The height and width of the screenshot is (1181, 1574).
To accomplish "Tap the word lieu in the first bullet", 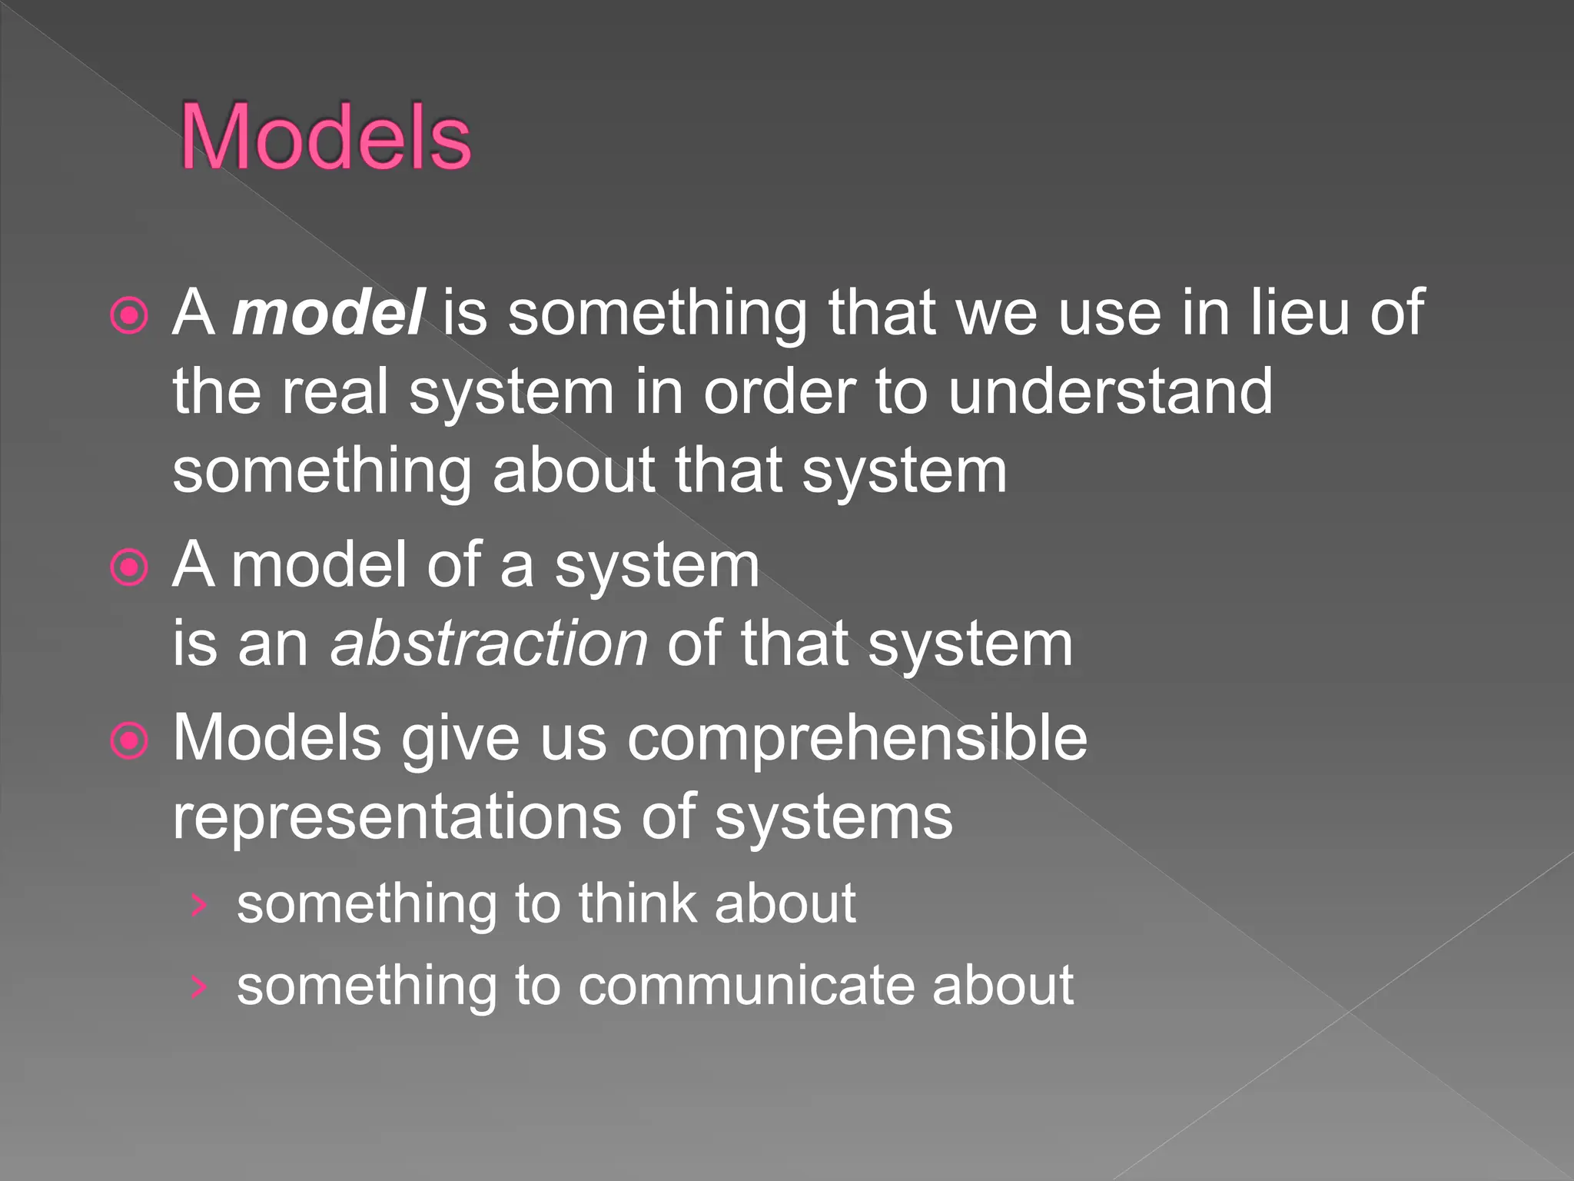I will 1300,313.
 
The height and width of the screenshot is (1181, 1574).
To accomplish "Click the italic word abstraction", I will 489,644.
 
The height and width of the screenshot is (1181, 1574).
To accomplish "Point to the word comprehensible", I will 857,739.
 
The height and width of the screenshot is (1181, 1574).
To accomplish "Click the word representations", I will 397,817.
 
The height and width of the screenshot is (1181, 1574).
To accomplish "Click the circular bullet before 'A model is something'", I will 129,315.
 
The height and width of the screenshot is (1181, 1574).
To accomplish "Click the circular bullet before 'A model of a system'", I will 129,567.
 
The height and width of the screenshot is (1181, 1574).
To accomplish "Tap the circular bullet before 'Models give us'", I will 129,741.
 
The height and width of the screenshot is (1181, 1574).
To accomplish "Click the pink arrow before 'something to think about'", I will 199,906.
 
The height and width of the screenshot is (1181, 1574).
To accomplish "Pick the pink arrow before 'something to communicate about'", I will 199,987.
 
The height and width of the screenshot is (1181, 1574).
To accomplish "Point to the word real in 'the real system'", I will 334,391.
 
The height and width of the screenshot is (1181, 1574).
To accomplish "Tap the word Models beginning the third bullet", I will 277,739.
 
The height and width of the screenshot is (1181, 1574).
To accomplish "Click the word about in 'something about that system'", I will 573,471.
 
